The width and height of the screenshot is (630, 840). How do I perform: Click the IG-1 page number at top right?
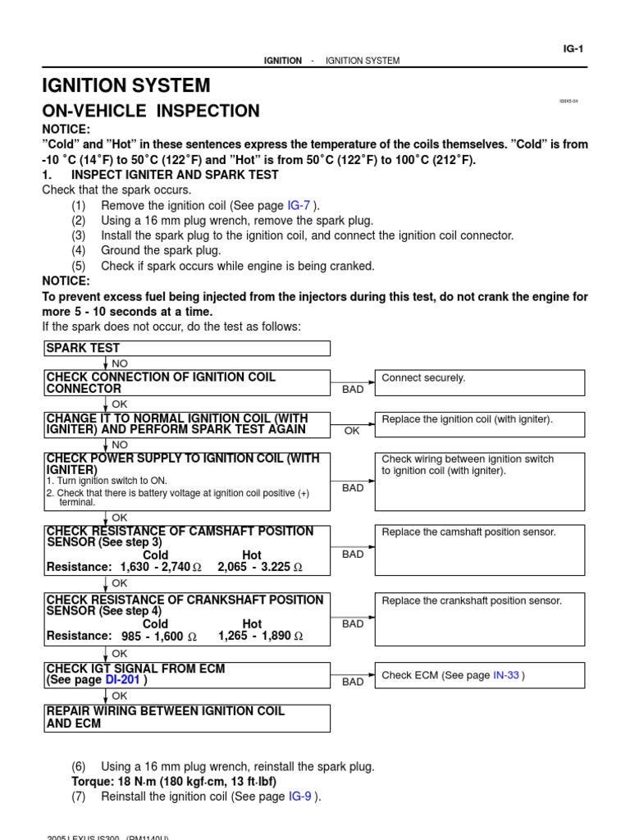[x=573, y=48]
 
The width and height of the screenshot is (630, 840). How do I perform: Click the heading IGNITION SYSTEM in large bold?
[x=126, y=85]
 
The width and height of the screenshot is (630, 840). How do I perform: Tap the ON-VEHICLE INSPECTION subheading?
[x=151, y=111]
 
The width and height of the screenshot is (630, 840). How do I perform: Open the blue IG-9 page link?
[x=297, y=796]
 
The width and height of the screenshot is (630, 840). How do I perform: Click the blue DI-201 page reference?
[x=122, y=680]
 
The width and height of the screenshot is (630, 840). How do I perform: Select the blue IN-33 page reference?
[x=506, y=675]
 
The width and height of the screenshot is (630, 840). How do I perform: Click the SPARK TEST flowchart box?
[x=187, y=349]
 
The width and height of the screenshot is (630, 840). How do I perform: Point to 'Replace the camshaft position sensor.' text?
[x=468, y=532]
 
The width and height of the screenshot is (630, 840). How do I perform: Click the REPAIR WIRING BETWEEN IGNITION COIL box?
[x=187, y=717]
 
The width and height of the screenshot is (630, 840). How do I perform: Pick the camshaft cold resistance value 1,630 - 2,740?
[x=154, y=567]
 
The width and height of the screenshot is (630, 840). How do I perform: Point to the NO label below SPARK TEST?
[x=120, y=363]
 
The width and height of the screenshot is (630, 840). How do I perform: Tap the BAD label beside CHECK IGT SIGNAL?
[x=353, y=682]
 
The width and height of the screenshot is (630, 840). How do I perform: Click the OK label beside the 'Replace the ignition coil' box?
[x=352, y=430]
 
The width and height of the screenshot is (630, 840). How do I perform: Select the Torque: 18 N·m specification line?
[x=173, y=781]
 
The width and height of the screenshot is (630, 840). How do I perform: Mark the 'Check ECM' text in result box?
[x=410, y=675]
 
